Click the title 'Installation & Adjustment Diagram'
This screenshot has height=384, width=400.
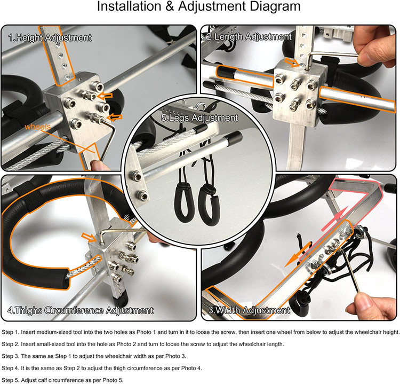[199, 6]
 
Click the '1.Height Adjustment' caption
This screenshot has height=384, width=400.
[50, 38]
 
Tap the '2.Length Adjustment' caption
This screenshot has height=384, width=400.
[249, 37]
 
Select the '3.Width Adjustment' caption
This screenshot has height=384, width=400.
[249, 310]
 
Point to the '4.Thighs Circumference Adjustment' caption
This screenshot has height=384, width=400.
[81, 310]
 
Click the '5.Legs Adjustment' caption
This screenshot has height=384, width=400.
[199, 118]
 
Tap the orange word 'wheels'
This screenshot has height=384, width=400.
[37, 127]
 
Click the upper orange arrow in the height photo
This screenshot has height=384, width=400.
[105, 96]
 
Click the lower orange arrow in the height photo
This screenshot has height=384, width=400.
[115, 117]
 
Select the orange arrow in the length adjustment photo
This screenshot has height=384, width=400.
[291, 62]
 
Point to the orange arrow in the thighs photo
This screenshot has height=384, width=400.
[89, 237]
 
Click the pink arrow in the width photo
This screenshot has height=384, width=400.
[334, 219]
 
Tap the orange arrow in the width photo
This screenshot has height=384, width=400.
[298, 254]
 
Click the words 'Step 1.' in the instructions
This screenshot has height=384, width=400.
[11, 332]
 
